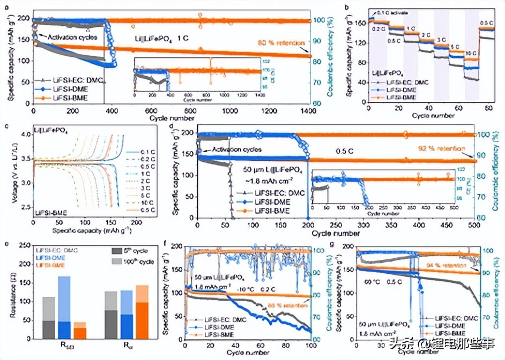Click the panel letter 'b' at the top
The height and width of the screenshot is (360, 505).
349,7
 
